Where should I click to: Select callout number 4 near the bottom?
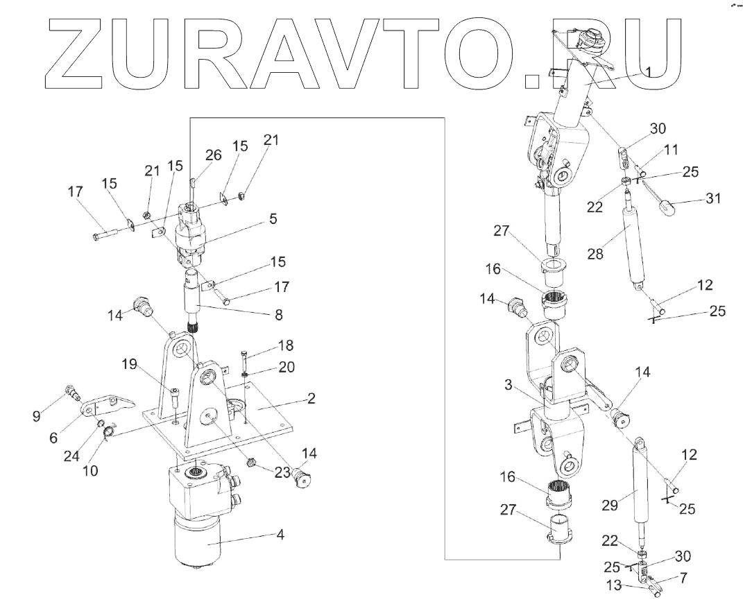click(280, 535)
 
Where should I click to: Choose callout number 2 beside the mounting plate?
click(311, 398)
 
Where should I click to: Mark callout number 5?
click(273, 219)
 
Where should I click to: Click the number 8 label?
click(279, 314)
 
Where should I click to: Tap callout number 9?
click(36, 415)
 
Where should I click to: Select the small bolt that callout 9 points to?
click(73, 393)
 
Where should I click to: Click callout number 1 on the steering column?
click(649, 72)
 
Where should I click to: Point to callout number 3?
click(508, 385)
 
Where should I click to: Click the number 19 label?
click(129, 364)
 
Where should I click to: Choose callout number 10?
click(90, 470)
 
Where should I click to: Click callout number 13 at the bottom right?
click(614, 586)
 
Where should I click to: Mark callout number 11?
click(672, 150)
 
